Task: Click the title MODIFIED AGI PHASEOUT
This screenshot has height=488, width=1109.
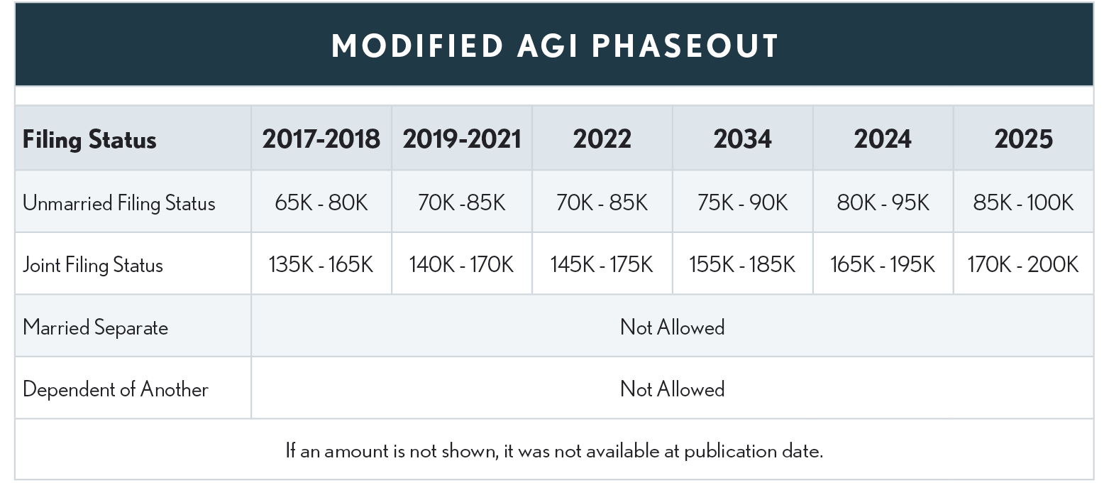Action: pos(555,46)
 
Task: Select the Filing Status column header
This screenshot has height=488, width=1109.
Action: pos(89,139)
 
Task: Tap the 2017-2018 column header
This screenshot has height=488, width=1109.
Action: pos(321,139)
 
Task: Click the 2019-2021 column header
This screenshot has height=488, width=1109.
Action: pos(462,139)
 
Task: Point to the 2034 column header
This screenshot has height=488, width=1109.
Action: pos(742,139)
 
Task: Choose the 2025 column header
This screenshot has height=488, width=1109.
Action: pos(1022,139)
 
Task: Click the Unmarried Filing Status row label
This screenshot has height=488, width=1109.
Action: pos(118,203)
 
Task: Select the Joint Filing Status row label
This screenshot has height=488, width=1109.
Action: pos(93,265)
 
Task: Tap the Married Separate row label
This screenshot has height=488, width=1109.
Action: pos(95,327)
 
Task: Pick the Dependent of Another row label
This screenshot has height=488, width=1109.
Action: pos(116,389)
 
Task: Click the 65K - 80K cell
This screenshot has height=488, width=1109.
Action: pos(321,203)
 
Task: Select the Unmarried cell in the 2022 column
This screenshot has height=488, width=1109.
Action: pos(602,203)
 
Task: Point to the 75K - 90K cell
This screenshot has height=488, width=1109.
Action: pos(742,203)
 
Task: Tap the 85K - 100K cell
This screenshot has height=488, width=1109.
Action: pos(1022,203)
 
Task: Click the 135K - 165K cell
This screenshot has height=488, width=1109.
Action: pos(321,265)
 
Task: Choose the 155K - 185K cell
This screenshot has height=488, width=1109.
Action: pos(742,265)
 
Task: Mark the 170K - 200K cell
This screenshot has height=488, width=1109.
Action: pos(1022,265)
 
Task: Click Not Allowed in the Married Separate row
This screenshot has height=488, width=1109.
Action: pos(672,327)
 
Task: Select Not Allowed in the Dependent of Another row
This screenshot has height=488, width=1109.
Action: pos(672,389)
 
